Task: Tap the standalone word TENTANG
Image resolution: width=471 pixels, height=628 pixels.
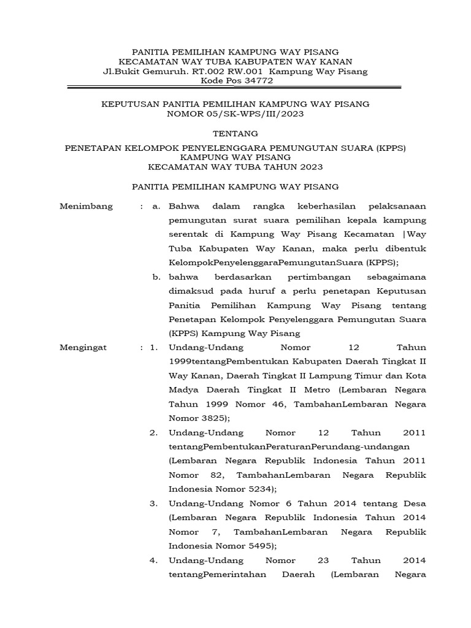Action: click(x=235, y=133)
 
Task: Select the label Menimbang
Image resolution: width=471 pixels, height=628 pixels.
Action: click(x=86, y=206)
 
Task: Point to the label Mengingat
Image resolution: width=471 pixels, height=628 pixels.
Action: click(x=83, y=347)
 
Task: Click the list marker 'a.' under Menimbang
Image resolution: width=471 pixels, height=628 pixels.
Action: click(x=157, y=206)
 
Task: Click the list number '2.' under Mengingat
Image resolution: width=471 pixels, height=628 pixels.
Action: click(x=154, y=432)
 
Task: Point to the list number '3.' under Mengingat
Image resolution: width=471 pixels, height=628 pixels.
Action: click(x=154, y=504)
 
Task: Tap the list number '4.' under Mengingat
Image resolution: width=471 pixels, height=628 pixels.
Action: click(x=154, y=560)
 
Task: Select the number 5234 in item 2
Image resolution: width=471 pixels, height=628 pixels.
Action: click(x=260, y=489)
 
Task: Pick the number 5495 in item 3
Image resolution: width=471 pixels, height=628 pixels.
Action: click(x=260, y=545)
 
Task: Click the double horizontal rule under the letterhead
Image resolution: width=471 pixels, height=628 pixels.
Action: click(x=235, y=88)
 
